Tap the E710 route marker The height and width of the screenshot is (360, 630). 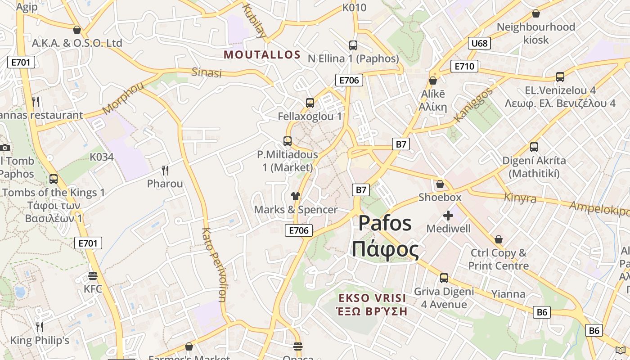[x=464, y=67]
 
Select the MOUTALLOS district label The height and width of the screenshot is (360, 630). [x=262, y=55]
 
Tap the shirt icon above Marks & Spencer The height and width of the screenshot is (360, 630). [x=295, y=196]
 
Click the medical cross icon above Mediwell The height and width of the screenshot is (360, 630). [x=448, y=216]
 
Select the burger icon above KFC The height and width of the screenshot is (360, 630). [x=93, y=275]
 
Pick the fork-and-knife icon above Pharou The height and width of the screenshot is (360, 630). [x=165, y=170]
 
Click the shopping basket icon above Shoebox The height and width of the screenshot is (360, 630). [x=440, y=184]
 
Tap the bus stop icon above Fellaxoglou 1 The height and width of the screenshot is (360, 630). [x=310, y=103]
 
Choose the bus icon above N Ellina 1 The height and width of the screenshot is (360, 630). [x=353, y=45]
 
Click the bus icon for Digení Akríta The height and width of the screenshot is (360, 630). [x=534, y=147]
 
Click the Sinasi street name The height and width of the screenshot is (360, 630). [x=207, y=72]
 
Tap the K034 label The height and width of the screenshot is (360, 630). [x=102, y=157]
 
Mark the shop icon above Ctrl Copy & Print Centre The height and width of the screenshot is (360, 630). [x=498, y=239]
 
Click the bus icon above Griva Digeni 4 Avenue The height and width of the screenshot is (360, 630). [x=444, y=278]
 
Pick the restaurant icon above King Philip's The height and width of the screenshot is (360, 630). [x=40, y=327]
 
